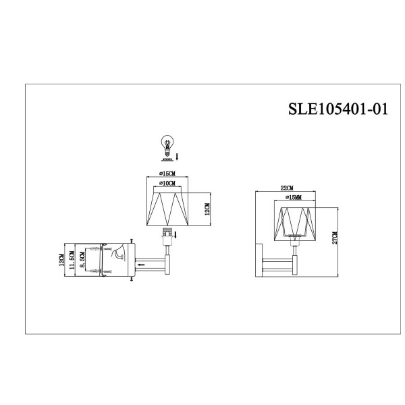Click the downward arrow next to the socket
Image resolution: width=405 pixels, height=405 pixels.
(x=176, y=235)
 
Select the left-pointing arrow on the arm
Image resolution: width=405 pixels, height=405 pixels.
(x=140, y=265)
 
